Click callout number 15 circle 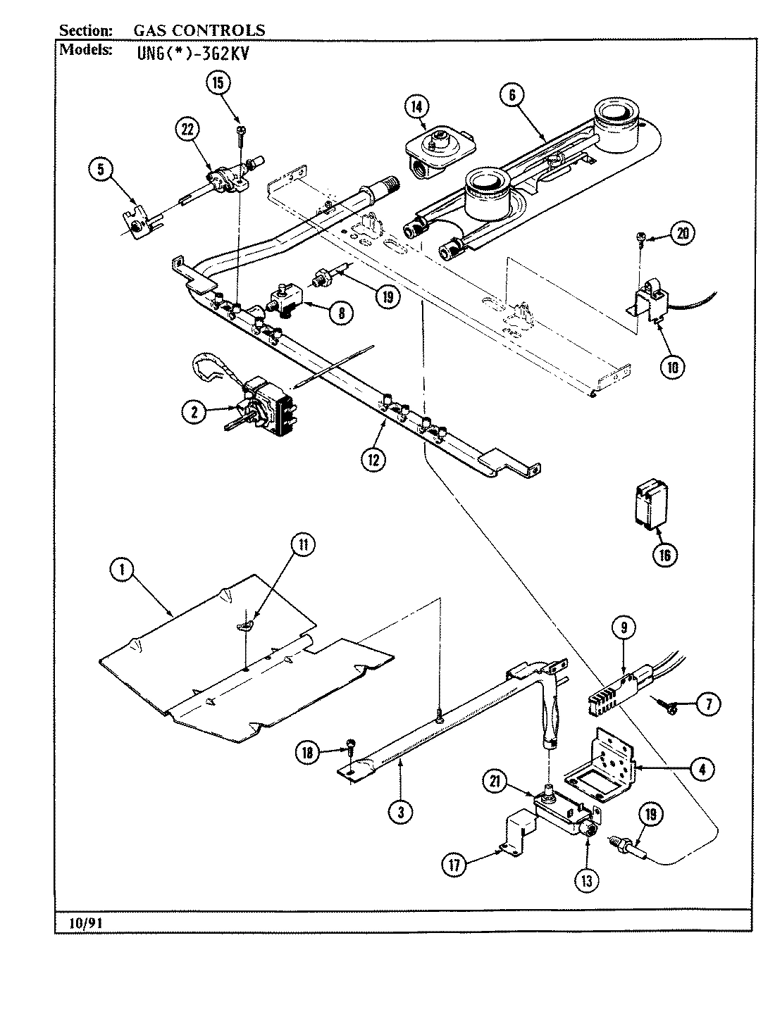click(218, 83)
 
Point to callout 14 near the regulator click(416, 107)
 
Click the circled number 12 click(373, 459)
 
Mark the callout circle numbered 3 click(400, 812)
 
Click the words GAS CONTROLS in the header click(199, 30)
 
